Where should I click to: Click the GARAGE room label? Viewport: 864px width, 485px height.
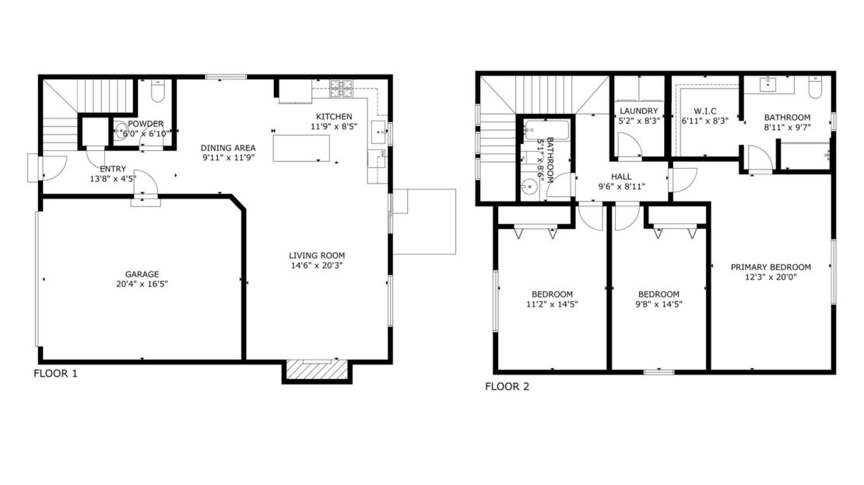coord(142,274)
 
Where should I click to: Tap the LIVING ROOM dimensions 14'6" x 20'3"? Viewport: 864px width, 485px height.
coord(317,265)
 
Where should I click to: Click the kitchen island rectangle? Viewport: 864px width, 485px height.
coord(300,148)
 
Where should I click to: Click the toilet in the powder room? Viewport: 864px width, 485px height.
coord(156,92)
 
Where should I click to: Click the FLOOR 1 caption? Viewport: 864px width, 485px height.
coord(55,374)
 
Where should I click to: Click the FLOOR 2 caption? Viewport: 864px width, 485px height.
coord(507,386)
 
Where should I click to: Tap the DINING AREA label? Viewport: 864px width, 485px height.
coord(228,148)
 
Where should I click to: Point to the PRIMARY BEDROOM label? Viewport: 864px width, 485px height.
coord(771,267)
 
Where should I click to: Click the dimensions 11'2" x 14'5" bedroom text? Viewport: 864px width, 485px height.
coord(551,304)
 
